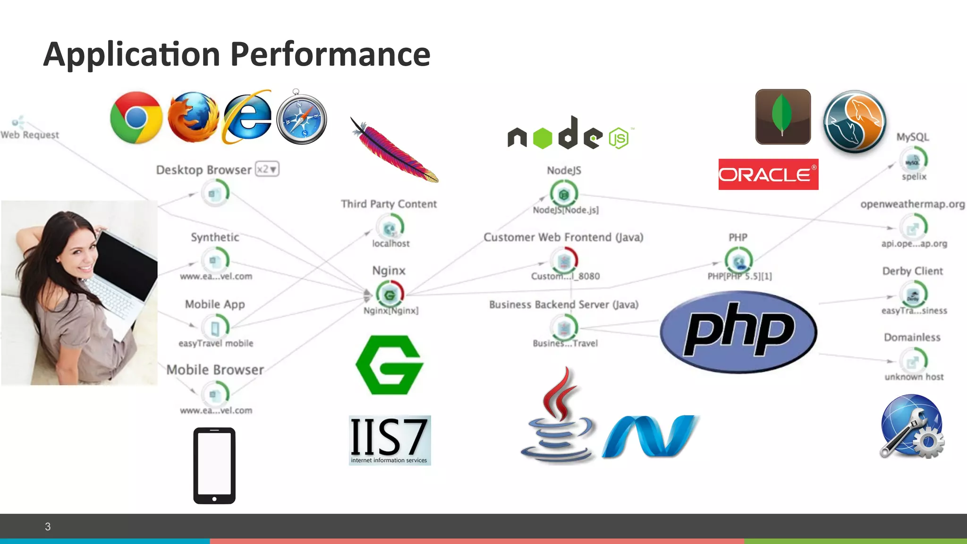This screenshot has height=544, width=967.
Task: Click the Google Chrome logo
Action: tap(136, 118)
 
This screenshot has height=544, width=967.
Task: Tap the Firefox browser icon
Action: tap(194, 118)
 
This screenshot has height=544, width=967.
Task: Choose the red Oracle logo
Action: tap(768, 174)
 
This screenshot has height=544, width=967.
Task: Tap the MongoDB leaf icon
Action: tap(783, 117)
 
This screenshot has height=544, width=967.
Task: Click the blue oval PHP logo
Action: tap(738, 332)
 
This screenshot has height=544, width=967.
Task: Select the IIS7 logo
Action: tap(390, 440)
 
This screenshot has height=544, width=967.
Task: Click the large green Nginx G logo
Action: tap(390, 365)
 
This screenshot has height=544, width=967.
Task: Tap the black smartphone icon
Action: tap(214, 466)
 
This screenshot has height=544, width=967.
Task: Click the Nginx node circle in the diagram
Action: tap(390, 295)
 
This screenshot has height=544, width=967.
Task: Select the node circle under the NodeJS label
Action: tap(564, 194)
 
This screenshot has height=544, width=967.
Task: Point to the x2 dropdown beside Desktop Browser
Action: tap(267, 169)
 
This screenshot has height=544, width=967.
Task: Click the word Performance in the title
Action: tap(331, 54)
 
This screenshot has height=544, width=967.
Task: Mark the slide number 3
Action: tap(48, 527)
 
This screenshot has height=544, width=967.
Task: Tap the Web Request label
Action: tap(30, 135)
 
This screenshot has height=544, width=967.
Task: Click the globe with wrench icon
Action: tap(912, 426)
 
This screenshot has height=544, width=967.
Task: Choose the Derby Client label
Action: tap(912, 271)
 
